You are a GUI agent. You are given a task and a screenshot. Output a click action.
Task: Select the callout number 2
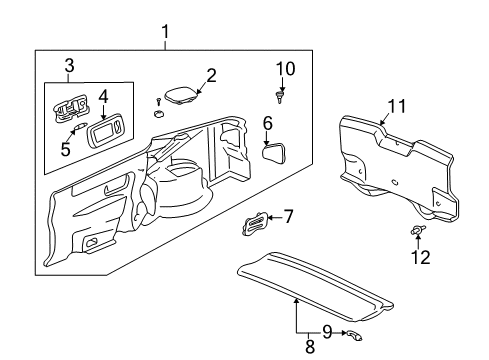click(x=211, y=74)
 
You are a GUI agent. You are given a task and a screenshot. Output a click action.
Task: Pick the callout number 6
click(x=268, y=123)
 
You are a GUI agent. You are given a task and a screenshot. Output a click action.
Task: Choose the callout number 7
click(x=289, y=215)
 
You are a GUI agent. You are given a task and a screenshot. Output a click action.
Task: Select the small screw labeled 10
click(x=282, y=96)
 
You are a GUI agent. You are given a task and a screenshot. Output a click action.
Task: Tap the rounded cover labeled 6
click(x=274, y=152)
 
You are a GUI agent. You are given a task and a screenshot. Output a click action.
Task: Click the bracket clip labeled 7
click(x=255, y=224)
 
